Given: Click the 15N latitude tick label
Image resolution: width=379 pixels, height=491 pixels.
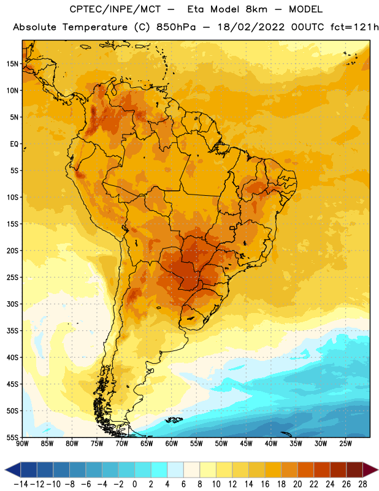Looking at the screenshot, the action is pos(12,64).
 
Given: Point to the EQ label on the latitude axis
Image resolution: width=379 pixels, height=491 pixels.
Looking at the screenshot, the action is pos(14,144).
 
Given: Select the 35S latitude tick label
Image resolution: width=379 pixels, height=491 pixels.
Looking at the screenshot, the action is pos(12,331).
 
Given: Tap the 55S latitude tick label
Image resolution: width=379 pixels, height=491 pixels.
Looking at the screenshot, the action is pos(12,438).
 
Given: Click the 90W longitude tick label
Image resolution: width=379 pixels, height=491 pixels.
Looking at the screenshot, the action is pos(22,444).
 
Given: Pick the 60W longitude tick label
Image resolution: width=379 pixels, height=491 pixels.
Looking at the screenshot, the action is pos(172,444).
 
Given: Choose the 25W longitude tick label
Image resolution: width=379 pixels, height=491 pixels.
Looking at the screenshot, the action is pos(345,444).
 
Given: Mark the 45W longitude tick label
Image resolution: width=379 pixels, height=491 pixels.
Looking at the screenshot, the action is pos(246,444).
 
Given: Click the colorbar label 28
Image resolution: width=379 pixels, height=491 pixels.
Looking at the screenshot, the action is pos(362,484).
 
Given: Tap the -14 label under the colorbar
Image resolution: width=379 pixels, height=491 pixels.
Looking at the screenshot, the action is pos(21,484).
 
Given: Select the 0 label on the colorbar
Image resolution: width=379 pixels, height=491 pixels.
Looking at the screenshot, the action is pos(134,484).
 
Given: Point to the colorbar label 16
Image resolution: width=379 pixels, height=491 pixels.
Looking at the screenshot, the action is pos(265,484).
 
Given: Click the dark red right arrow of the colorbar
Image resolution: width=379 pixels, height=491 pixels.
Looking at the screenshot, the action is pos(370,470).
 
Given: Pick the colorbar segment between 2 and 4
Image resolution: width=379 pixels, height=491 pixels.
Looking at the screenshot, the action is pos(159,470).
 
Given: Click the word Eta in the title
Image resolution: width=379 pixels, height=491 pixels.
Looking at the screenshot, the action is pos(195,9).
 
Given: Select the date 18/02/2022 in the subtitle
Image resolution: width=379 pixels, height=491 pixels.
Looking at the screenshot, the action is pos(251,27).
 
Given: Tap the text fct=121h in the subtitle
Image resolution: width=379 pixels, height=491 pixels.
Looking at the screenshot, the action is pos(354,27).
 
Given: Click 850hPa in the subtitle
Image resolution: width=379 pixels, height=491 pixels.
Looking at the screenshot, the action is pos(176,27).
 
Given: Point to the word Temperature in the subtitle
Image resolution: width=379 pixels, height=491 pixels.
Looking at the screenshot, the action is pos(94,27).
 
